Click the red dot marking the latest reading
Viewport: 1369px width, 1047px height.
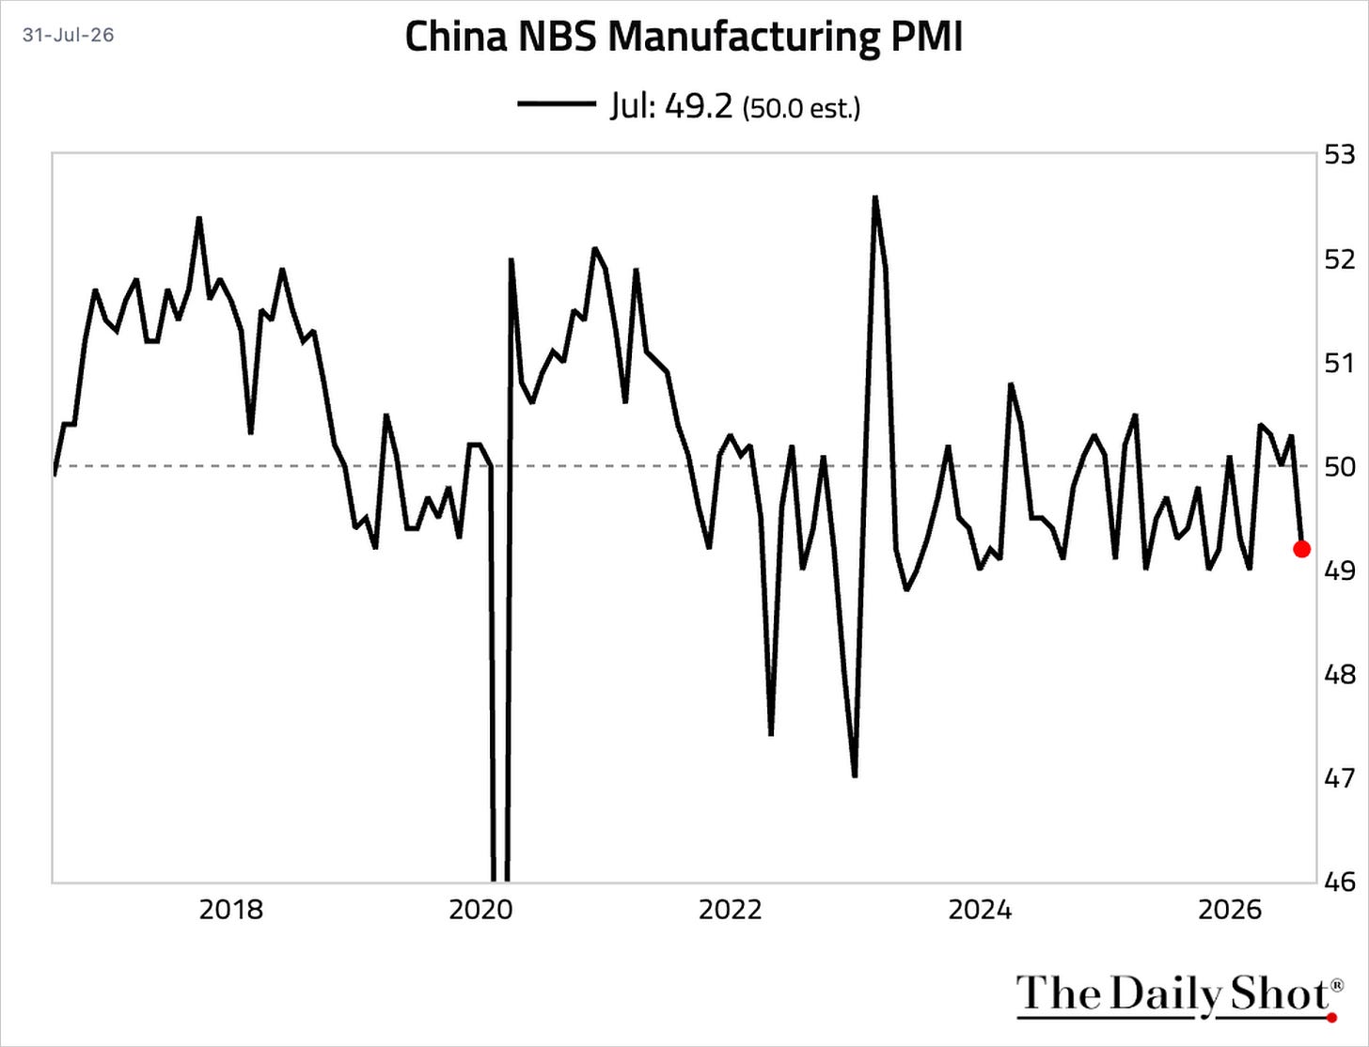(1301, 549)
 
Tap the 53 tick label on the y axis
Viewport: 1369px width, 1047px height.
(1340, 154)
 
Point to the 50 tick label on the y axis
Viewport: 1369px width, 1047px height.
(1340, 466)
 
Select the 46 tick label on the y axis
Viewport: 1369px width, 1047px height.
(1340, 882)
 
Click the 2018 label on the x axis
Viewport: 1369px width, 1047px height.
(230, 911)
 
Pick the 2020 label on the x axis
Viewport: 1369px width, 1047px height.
(480, 911)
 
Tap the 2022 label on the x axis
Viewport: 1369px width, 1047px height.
(731, 911)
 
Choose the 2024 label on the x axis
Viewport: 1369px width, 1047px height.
(980, 911)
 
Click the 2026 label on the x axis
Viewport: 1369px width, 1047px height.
(1230, 911)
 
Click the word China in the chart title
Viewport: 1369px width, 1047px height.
(456, 37)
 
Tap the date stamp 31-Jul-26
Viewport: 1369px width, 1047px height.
(69, 35)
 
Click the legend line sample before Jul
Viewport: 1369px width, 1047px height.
(557, 104)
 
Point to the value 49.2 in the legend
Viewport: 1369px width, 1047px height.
(699, 106)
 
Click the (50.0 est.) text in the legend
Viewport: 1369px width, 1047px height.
(801, 108)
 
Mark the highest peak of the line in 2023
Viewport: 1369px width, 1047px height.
(875, 197)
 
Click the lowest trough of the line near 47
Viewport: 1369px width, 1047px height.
(855, 776)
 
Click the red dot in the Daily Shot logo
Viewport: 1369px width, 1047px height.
(1332, 1018)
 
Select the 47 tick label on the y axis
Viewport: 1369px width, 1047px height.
(1340, 778)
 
